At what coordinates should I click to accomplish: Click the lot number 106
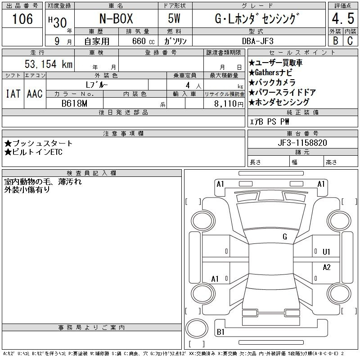(22, 18)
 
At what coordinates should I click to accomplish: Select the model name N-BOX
(116, 18)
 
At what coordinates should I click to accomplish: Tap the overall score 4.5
(343, 18)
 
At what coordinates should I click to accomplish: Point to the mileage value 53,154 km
(49, 64)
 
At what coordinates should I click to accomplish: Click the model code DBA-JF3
(258, 41)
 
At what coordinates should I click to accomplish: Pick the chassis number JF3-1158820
(302, 143)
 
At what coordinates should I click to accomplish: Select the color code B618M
(74, 103)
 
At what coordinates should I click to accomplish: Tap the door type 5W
(174, 18)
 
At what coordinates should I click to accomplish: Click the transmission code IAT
(13, 94)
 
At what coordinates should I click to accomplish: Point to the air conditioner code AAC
(35, 94)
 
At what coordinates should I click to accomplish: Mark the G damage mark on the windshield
(285, 237)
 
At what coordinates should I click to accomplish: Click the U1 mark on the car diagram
(326, 252)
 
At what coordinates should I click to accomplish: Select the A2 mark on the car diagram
(327, 267)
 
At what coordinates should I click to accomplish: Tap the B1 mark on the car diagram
(220, 332)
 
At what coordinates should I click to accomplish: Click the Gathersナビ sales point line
(270, 72)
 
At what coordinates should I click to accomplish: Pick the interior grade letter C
(350, 41)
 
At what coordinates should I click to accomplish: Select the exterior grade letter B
(336, 41)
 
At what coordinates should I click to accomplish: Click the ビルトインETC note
(33, 152)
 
